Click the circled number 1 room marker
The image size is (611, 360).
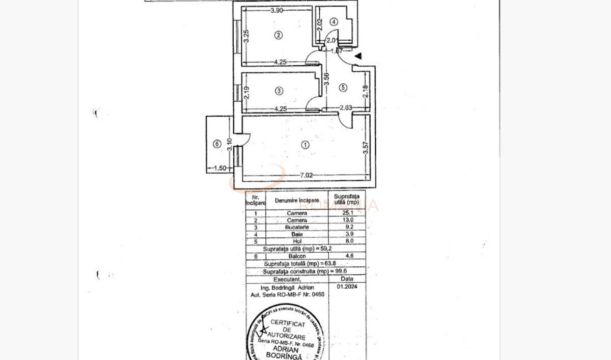coord(305,145)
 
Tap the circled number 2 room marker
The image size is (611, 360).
coord(278,35)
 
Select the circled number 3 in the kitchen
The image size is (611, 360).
coord(279,91)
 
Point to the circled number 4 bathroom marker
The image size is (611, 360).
coord(334,22)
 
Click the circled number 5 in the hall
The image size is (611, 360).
coord(343,88)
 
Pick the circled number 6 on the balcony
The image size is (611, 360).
coord(217,145)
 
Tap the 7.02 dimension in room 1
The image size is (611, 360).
coord(307,175)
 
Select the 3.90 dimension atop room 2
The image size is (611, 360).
coord(276,10)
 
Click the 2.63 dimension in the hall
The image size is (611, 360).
coord(347,107)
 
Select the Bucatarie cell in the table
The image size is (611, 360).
coord(297,227)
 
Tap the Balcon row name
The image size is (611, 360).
coord(297,257)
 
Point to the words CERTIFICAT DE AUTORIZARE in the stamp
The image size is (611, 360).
coord(288,330)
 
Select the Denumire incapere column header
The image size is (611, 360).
coord(297,201)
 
